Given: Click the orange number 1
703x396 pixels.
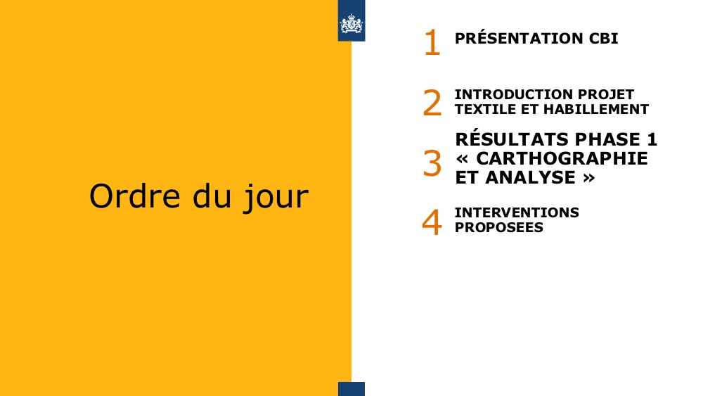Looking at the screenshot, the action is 432,43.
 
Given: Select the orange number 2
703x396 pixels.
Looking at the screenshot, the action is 432,103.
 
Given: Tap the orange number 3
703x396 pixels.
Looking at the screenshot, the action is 432,163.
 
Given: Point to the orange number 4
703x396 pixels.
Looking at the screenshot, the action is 432,222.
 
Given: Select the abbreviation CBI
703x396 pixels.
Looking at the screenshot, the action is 603,39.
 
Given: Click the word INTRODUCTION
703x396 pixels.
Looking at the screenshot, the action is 514,95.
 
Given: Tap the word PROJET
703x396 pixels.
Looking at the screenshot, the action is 606,95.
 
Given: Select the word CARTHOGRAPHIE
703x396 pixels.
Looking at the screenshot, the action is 562,158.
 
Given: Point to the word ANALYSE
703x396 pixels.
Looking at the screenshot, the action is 530,177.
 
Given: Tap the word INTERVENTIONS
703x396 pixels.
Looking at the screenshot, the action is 517,212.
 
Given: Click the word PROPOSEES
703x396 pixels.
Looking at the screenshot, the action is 499,227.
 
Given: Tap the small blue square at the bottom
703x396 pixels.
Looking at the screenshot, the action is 351,389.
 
